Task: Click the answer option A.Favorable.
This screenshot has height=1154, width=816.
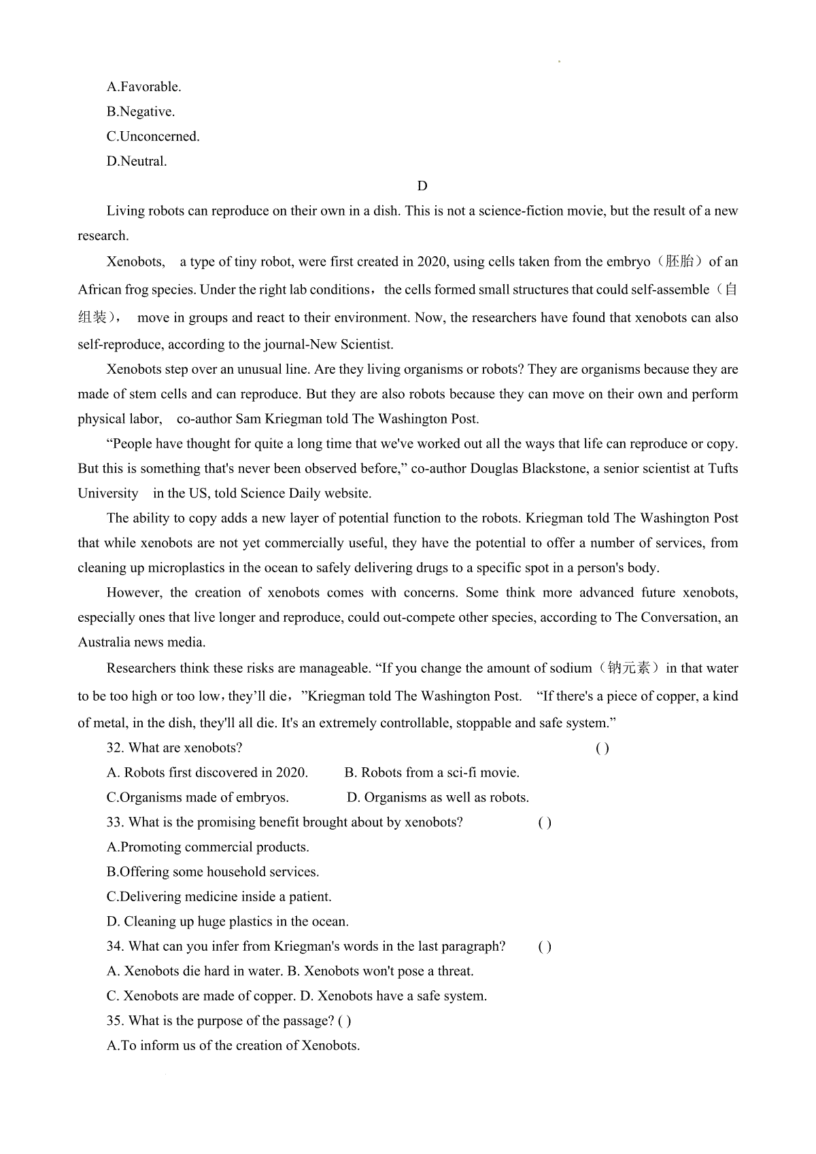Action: pos(143,87)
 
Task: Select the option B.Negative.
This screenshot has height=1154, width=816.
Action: pos(140,111)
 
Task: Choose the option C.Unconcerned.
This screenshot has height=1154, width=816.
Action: pos(153,137)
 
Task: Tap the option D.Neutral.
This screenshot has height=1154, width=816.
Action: pos(136,162)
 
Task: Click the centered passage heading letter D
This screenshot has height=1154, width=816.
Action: pos(422,186)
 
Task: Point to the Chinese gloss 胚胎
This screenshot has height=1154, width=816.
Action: pos(679,262)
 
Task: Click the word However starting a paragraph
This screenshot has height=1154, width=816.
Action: pos(134,593)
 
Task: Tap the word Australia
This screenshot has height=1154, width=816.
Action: pos(104,642)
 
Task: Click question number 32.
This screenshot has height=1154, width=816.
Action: pos(115,748)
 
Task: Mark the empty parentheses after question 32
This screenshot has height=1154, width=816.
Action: pos(602,748)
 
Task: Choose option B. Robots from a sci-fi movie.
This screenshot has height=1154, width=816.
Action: pos(432,773)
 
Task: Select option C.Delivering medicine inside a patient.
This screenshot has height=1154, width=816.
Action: pos(219,896)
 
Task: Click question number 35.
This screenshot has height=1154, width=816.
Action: pos(115,1021)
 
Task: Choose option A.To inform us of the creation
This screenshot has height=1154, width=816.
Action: pos(233,1046)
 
